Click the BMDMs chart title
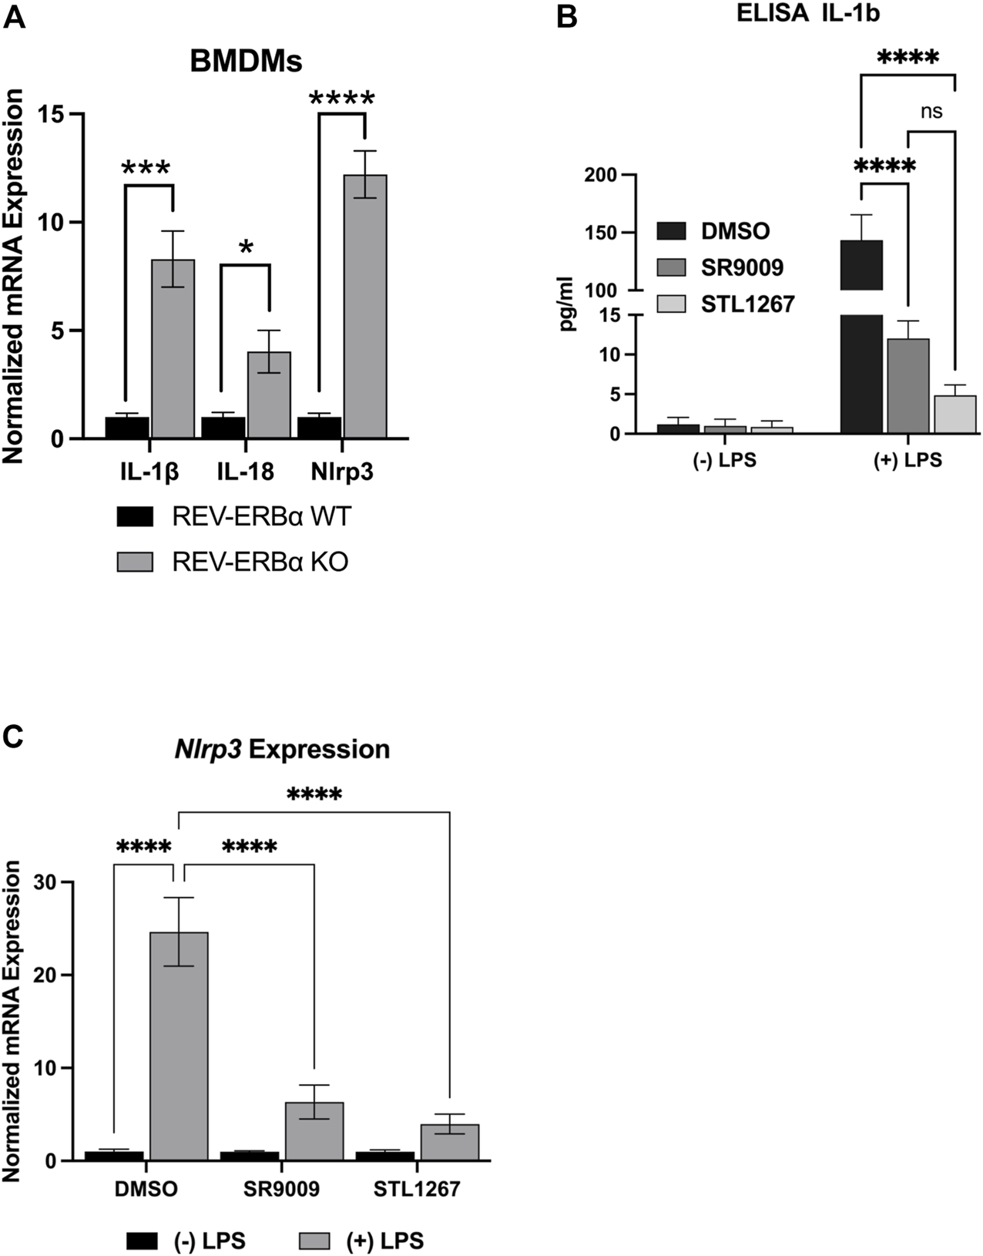tap(247, 62)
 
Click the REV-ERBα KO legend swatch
tap(136, 562)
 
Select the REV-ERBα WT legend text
tap(261, 516)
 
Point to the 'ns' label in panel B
tap(931, 112)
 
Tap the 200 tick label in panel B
tap(602, 175)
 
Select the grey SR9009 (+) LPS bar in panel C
tap(314, 1130)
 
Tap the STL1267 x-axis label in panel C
tap(417, 1189)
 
